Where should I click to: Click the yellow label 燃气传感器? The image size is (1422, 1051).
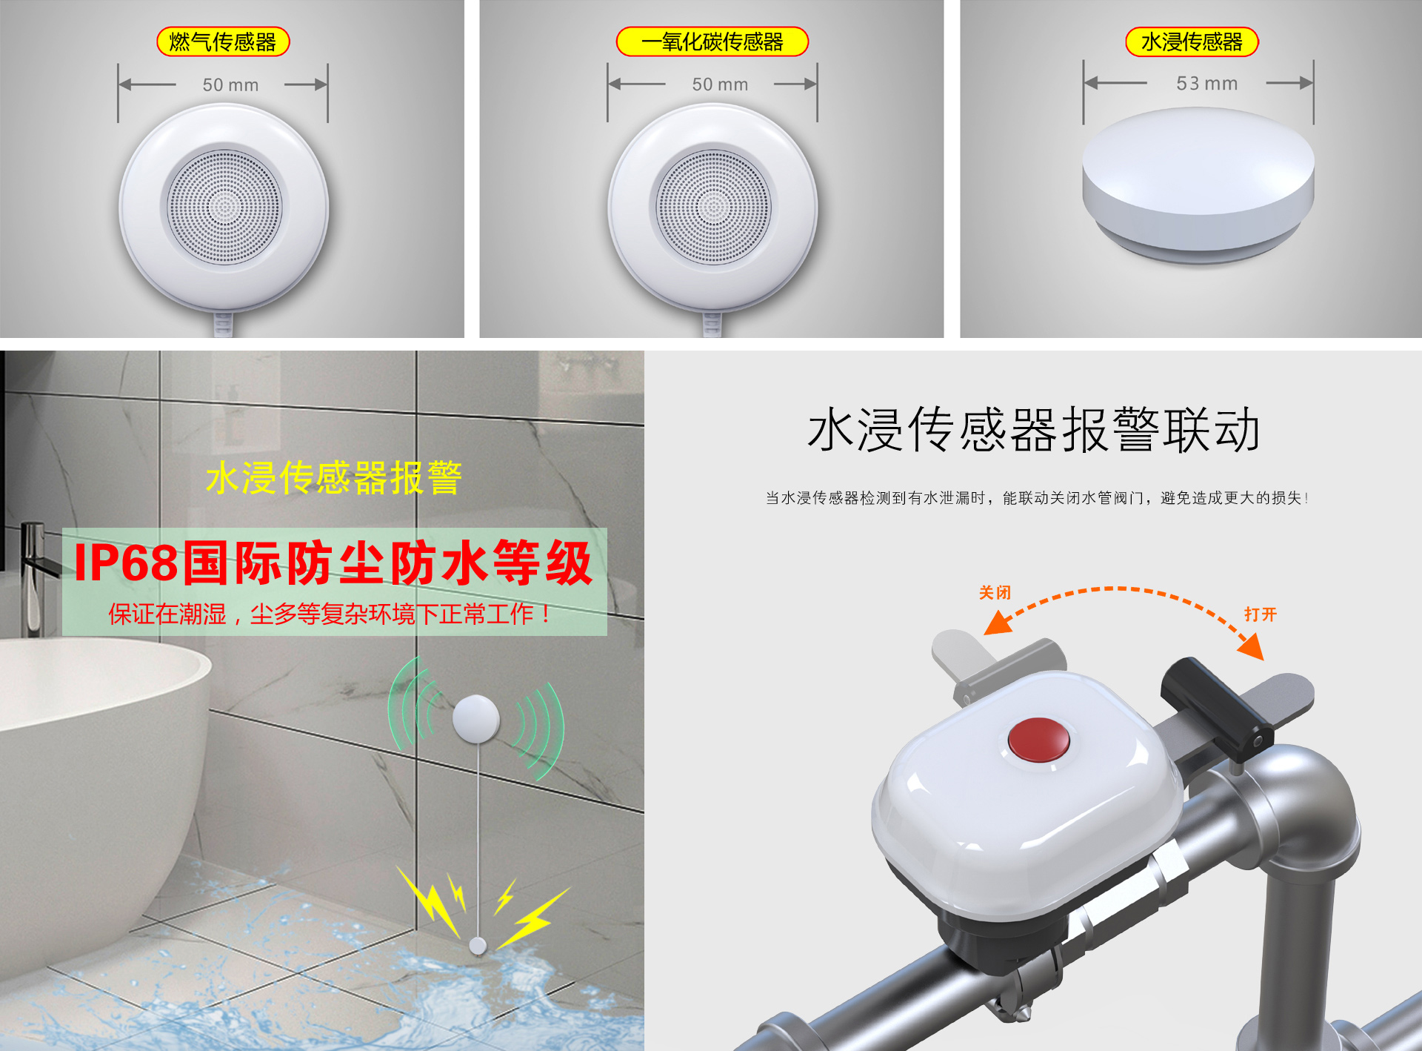(223, 42)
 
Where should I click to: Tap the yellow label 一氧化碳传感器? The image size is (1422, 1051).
(712, 42)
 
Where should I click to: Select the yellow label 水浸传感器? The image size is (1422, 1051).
(1192, 42)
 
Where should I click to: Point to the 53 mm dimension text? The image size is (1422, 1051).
(1206, 83)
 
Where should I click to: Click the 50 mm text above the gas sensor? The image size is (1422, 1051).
(230, 84)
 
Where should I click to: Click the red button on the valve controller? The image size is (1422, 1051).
(1038, 739)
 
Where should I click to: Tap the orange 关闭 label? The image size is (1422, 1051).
(995, 592)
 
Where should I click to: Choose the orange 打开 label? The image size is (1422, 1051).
(1260, 614)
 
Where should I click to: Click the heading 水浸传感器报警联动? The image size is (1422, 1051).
(1034, 430)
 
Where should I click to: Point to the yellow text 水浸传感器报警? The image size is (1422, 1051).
(334, 477)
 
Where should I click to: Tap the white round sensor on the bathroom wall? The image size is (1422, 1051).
(476, 718)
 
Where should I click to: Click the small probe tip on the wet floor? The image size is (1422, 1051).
(478, 945)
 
